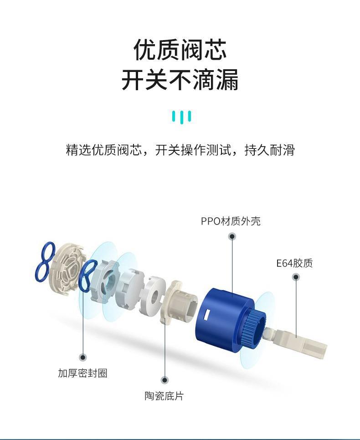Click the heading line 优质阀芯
180,50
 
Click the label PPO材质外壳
231,221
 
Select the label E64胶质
294,263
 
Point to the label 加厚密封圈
82,373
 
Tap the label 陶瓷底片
164,396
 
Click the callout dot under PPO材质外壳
232,236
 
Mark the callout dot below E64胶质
296,277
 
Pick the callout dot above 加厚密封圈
82,357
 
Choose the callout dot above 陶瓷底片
165,380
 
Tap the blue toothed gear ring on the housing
254,328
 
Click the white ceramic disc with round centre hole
153,296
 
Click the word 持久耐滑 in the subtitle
270,150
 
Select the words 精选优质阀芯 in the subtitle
103,150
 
